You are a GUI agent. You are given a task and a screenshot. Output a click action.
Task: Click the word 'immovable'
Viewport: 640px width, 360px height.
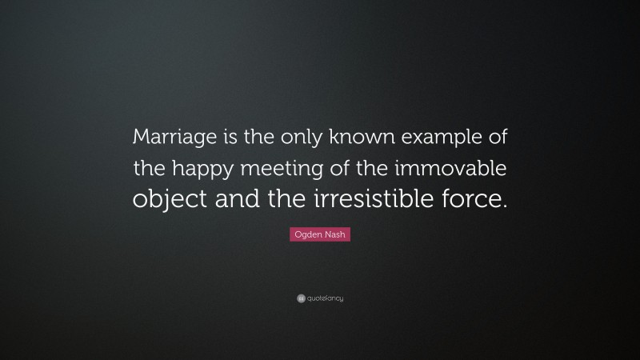458,169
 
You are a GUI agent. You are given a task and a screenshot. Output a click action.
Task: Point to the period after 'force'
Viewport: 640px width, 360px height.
504,206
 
